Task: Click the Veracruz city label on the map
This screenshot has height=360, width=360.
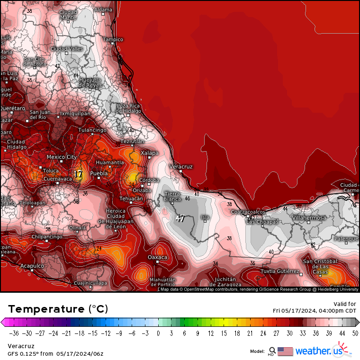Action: click(x=181, y=167)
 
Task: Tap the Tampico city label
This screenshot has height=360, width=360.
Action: click(x=113, y=39)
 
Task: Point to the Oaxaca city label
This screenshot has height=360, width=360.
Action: click(x=158, y=257)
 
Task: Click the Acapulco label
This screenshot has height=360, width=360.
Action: click(x=32, y=266)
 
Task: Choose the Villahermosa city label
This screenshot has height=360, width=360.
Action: click(x=309, y=218)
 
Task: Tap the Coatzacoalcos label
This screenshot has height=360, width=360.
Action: click(x=248, y=212)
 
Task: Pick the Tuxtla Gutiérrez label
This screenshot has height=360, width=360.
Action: click(x=280, y=271)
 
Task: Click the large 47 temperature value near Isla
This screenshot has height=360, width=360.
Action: click(x=180, y=219)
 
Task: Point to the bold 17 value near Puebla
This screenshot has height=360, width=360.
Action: click(x=78, y=174)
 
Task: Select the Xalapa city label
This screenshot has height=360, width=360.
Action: click(x=150, y=153)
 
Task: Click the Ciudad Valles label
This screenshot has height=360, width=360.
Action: click(x=67, y=49)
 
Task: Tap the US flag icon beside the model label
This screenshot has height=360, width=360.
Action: click(x=285, y=351)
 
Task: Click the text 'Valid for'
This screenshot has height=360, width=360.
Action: click(x=345, y=304)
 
